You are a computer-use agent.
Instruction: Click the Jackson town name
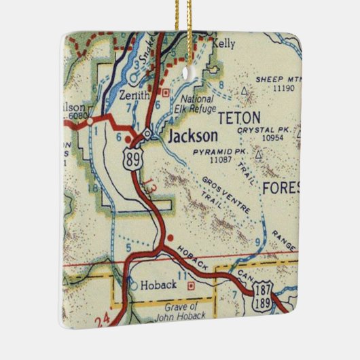pos(193,136)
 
